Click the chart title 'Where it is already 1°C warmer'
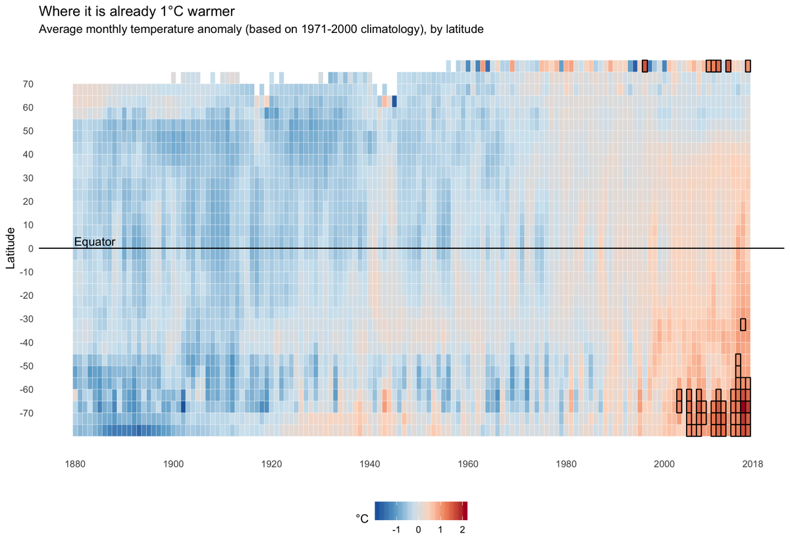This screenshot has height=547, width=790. (136, 12)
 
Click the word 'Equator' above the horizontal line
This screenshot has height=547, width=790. (95, 242)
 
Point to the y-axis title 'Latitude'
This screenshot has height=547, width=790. (11, 247)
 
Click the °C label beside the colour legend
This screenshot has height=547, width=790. (362, 519)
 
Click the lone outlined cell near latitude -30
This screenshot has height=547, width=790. (743, 324)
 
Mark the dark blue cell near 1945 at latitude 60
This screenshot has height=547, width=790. (394, 101)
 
